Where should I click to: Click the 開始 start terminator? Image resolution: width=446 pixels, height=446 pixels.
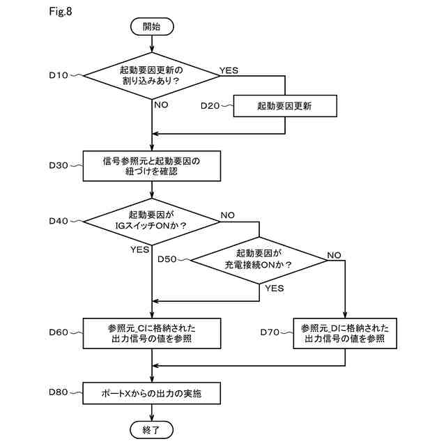click(152, 26)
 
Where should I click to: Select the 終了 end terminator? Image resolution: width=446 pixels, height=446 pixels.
click(152, 430)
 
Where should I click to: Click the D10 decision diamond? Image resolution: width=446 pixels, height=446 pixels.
click(152, 76)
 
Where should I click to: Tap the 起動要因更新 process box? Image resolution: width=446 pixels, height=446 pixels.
click(285, 106)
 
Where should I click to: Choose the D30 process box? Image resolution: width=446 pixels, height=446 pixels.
click(152, 166)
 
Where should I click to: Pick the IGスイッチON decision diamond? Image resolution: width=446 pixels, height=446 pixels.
click(152, 222)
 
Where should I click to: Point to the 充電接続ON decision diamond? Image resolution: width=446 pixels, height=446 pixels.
click(259, 260)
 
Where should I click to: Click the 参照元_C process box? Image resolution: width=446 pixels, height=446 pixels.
click(152, 333)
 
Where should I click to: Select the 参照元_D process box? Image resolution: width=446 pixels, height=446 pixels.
click(345, 333)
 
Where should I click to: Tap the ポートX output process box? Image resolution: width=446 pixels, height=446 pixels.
click(152, 393)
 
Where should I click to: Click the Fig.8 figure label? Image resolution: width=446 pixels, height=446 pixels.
click(61, 11)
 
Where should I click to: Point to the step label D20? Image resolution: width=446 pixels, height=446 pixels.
click(210, 106)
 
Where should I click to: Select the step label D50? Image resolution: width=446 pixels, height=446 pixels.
click(167, 259)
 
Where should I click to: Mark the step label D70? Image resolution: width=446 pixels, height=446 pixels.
click(270, 332)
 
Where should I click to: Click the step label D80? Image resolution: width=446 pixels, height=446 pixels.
click(59, 392)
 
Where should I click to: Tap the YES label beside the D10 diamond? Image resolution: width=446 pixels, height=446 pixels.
click(229, 70)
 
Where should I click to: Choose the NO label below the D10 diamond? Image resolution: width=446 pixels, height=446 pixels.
click(161, 105)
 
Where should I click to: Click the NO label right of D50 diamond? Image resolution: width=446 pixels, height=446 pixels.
click(334, 255)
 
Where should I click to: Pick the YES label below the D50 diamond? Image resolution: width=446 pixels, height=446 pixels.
click(275, 288)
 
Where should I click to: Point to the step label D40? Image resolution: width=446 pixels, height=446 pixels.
click(59, 221)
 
